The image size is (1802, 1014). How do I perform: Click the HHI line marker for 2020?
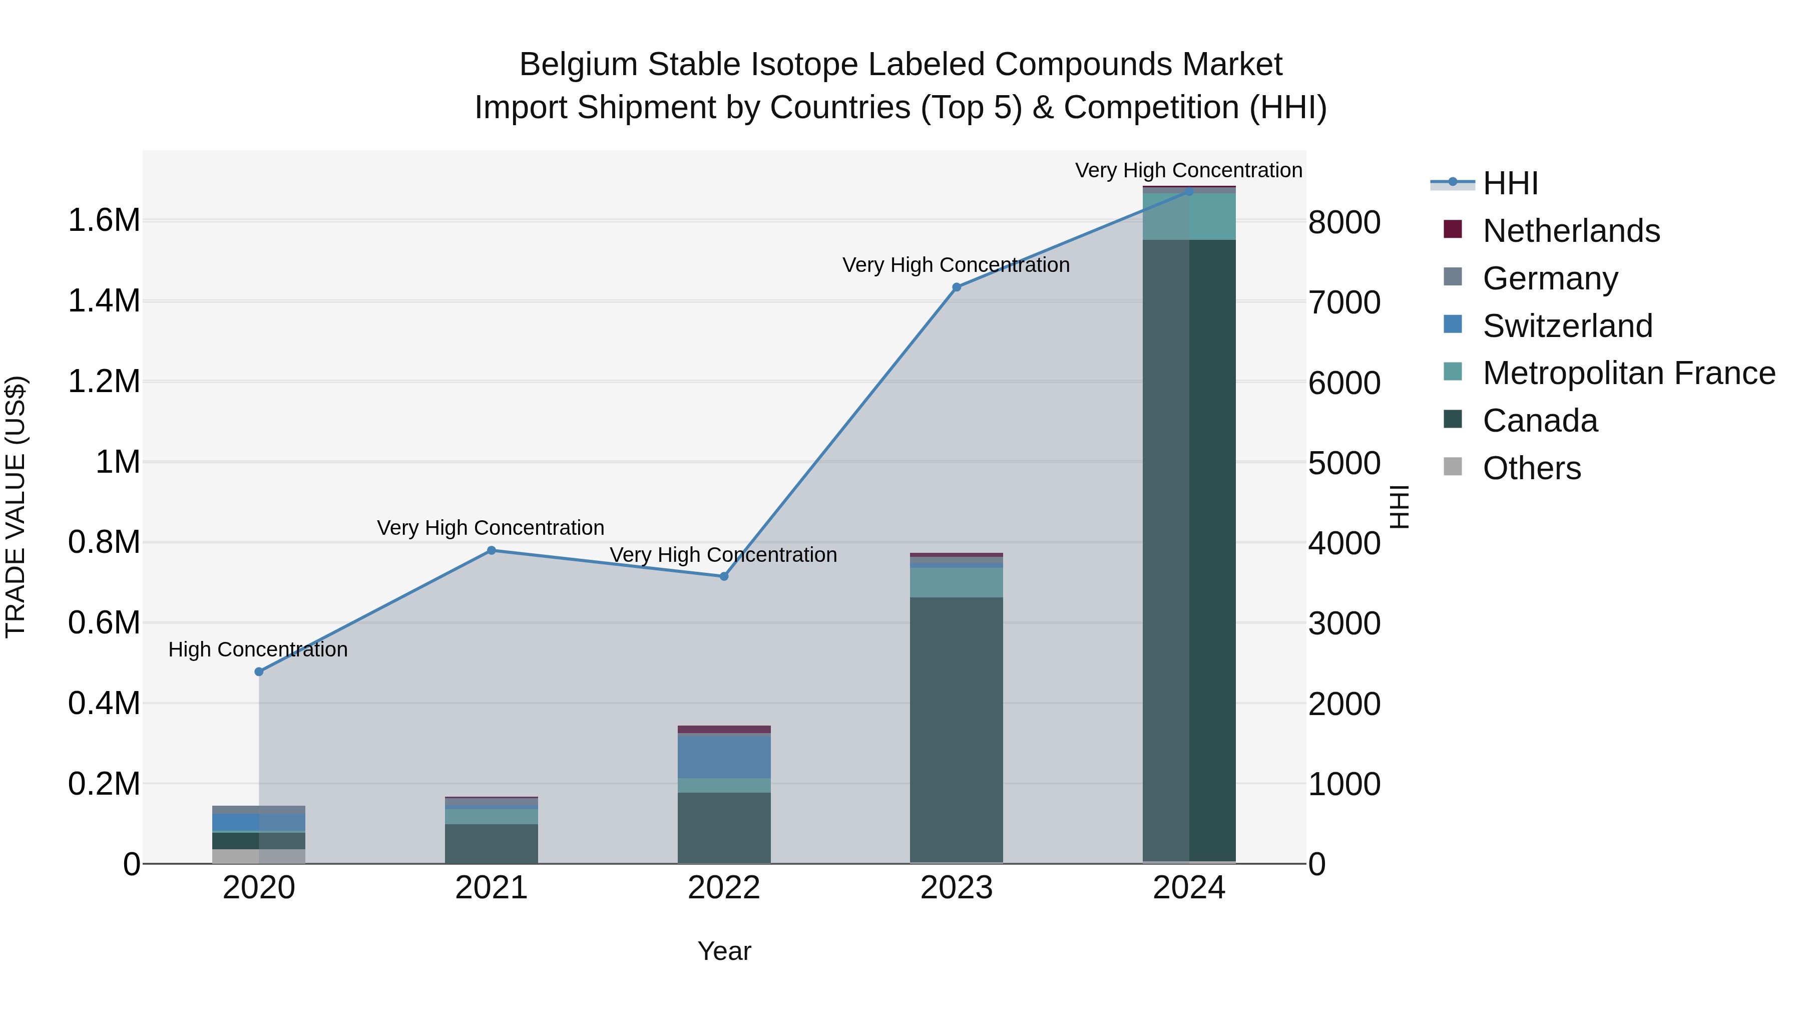259,672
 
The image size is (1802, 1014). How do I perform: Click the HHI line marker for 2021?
491,551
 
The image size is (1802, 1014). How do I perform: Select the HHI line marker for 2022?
724,577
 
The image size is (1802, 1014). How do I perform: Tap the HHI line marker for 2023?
956,287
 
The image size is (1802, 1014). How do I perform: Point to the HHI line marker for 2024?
1189,191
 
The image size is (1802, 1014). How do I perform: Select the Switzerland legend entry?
1567,326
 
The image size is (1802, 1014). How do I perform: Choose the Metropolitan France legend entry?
1628,374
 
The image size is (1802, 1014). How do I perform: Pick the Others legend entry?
1531,469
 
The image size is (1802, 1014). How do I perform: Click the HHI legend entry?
1510,183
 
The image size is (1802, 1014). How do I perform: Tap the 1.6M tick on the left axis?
104,220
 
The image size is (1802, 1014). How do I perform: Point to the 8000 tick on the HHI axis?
1344,222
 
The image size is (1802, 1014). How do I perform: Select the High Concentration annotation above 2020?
258,649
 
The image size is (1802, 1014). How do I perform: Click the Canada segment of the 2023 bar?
956,728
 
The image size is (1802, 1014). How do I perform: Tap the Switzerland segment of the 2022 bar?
724,757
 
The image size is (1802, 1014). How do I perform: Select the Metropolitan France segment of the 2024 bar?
1189,216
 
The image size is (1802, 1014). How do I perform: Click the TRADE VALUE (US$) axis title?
16,507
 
